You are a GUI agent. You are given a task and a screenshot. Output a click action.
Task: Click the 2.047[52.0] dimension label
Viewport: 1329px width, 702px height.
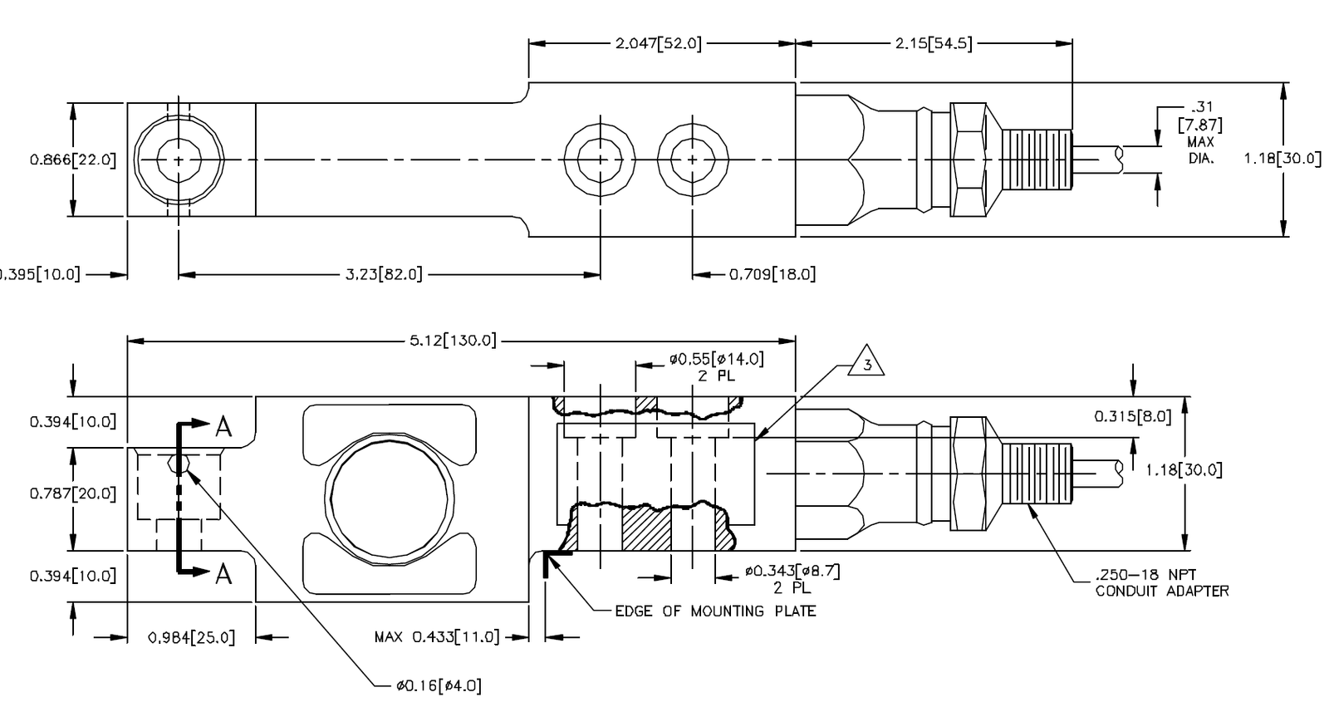tap(658, 44)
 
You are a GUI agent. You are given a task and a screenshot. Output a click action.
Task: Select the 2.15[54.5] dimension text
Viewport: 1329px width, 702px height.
tap(933, 44)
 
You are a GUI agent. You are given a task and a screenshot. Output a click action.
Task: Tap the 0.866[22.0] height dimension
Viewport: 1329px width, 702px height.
tap(73, 160)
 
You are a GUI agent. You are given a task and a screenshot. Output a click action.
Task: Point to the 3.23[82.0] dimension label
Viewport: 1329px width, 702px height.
tap(384, 273)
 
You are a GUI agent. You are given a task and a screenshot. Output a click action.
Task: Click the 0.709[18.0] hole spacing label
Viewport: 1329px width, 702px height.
tap(772, 273)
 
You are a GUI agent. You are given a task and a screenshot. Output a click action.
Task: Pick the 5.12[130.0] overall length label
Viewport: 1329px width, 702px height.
tap(453, 341)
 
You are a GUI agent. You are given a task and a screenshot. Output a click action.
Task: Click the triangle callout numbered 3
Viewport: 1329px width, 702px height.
tap(867, 363)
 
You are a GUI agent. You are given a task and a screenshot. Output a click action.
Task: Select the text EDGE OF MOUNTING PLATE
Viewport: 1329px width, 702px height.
tap(715, 611)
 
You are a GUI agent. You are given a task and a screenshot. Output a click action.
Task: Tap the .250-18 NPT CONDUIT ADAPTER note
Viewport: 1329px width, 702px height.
tap(1161, 583)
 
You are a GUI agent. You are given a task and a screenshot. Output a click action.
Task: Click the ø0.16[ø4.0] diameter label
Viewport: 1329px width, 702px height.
tap(439, 686)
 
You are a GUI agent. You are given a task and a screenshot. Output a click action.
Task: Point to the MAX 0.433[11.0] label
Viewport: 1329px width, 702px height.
tap(437, 637)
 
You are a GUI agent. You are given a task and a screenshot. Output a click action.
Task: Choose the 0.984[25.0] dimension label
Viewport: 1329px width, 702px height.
tap(191, 637)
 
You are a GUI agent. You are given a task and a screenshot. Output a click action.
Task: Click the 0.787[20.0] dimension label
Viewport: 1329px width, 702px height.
tap(73, 493)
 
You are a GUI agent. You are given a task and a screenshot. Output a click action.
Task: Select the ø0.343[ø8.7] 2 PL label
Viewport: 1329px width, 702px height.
tap(792, 579)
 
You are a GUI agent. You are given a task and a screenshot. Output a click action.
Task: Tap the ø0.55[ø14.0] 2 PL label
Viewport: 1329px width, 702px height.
tap(716, 367)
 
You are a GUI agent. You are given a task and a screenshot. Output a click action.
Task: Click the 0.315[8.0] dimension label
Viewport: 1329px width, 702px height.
tap(1132, 416)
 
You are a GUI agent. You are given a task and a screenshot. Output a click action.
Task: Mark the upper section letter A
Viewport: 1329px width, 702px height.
tap(223, 427)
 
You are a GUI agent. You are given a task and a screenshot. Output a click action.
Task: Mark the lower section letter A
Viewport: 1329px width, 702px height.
tap(223, 573)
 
